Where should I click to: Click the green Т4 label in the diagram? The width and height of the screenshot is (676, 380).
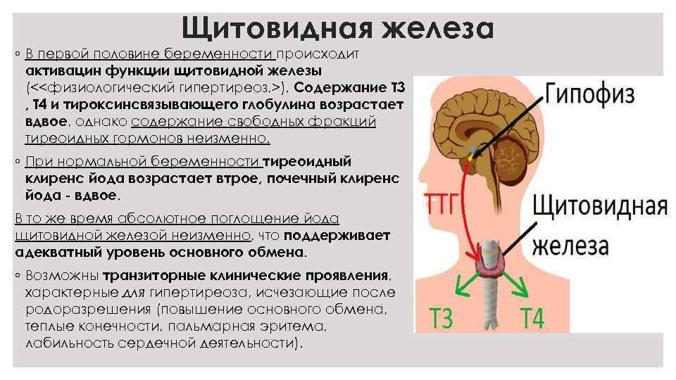click(532, 317)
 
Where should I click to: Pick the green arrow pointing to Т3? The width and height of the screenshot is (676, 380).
click(462, 286)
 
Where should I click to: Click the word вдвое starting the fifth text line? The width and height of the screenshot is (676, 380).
click(46, 122)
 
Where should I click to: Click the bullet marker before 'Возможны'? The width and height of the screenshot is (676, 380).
click(17, 275)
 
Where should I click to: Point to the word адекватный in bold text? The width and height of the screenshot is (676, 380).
click(57, 251)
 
